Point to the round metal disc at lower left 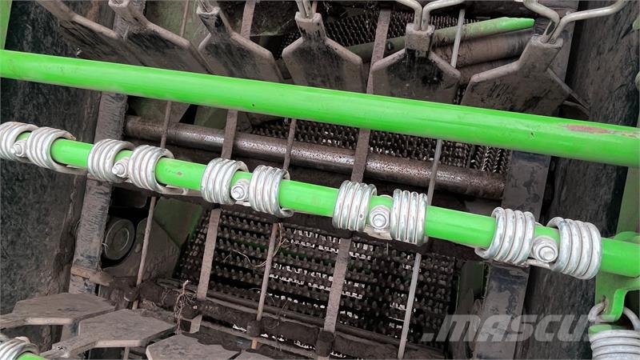118,239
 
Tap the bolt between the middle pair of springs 239,191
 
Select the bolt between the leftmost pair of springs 18,149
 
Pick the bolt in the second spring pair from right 379,218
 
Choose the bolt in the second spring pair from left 121,169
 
